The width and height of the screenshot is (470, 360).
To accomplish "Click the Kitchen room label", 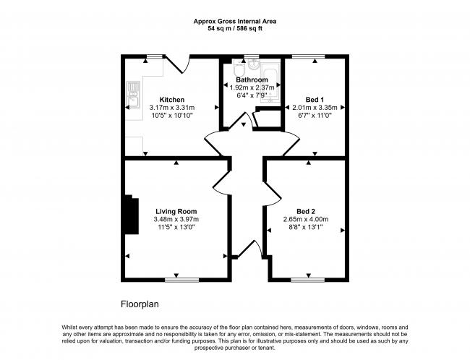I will [172, 100].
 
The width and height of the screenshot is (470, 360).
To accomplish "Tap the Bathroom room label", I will [252, 80].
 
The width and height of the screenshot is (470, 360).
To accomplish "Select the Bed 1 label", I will [315, 99].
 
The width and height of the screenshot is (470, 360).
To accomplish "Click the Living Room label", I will [176, 212].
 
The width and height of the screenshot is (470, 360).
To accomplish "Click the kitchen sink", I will [132, 92].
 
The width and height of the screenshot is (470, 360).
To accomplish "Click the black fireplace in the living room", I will [132, 215].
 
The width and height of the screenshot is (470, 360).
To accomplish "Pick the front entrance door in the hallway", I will [254, 248].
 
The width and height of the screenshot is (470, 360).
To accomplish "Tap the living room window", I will [181, 278].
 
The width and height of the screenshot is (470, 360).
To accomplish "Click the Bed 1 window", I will [313, 56].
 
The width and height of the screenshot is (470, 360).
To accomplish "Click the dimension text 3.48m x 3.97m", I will [176, 220].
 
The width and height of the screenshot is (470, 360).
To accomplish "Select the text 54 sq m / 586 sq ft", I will [234, 29].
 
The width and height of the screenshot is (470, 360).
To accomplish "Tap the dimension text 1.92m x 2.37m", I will [252, 87].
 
